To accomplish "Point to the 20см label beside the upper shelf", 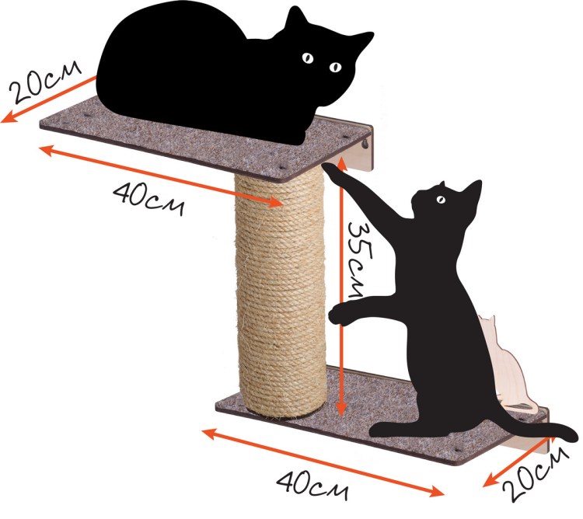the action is click(x=44, y=82).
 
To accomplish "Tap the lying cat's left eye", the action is click(x=308, y=57).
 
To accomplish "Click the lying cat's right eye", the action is click(x=335, y=67).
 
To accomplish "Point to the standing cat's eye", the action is click(x=441, y=200).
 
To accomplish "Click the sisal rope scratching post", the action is click(x=281, y=294).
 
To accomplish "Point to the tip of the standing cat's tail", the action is click(x=574, y=434).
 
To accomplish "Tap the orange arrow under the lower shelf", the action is click(x=323, y=462).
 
